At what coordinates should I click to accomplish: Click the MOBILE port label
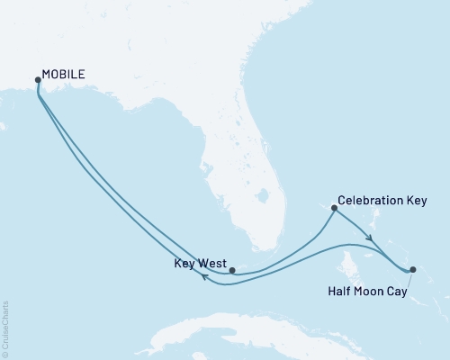(64, 76)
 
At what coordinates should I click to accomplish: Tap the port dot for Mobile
(37, 80)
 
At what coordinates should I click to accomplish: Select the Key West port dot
(232, 269)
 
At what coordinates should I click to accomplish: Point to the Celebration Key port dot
(335, 209)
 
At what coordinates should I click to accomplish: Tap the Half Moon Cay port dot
(412, 269)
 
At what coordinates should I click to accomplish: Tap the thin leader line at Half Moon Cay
(409, 278)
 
